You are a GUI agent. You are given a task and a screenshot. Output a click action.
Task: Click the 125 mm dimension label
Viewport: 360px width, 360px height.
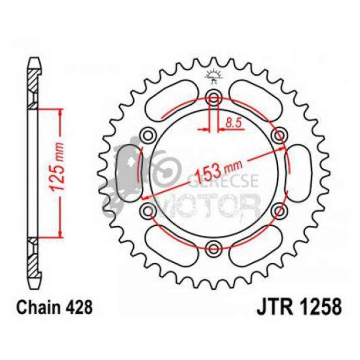58,171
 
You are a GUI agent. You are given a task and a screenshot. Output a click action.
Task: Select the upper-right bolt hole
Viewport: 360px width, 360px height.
280,135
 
